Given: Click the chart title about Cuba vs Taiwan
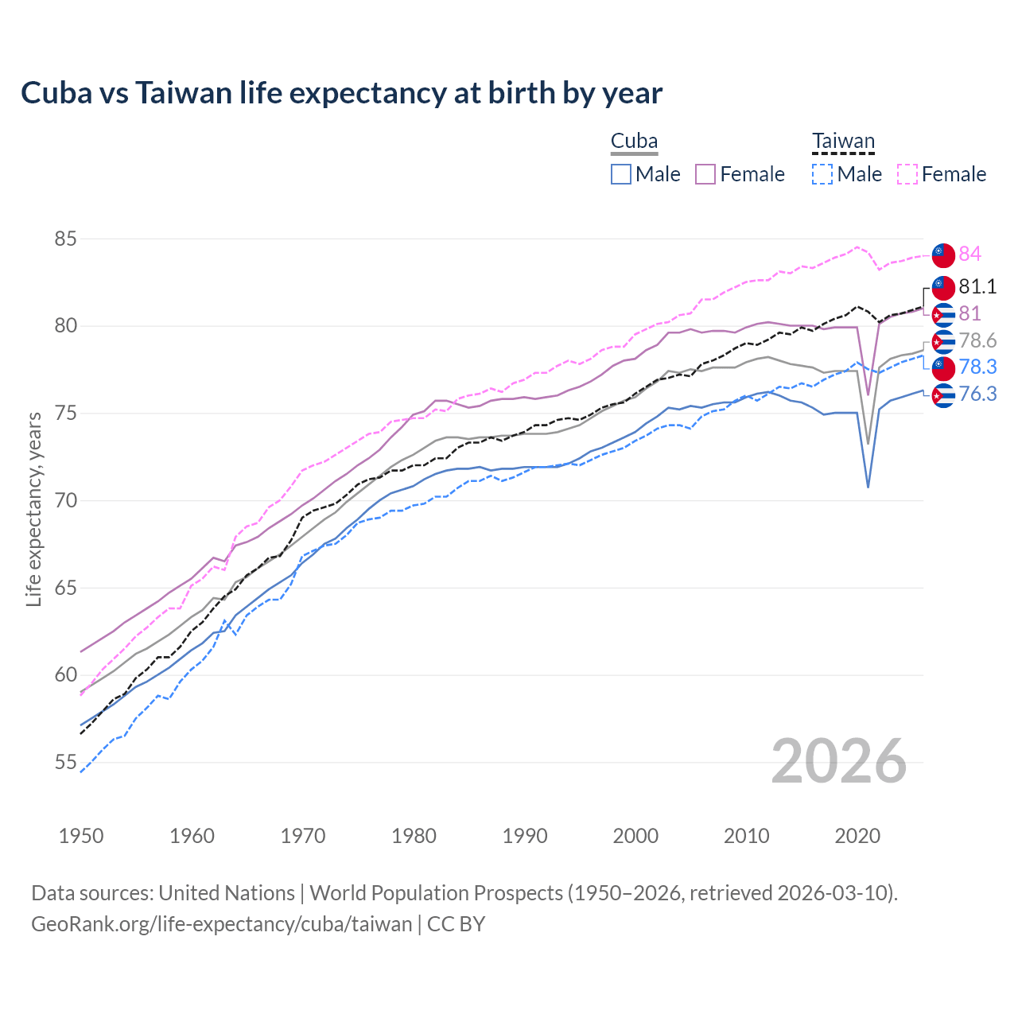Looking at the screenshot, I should pos(341,93).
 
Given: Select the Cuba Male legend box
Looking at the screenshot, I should pos(621,174).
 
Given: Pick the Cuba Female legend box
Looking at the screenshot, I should pos(706,174).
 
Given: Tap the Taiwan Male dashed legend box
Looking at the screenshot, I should pos(822,174).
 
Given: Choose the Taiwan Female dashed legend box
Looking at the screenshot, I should pos(907,174).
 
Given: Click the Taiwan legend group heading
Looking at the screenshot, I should pos(843,142).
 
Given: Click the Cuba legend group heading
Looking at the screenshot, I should pos(634,142).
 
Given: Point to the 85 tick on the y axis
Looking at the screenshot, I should pos(66,239).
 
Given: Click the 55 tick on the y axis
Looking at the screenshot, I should pos(66,763).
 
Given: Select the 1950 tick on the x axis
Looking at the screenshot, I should pos(81,836).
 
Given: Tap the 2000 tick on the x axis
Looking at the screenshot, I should pos(635,836).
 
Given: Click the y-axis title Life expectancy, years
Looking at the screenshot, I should pos(33,509).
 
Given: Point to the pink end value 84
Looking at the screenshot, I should pos(969,254).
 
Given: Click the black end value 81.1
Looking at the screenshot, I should pos(977,286).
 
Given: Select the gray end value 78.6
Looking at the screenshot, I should pos(977,340).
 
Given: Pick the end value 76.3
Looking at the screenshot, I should pos(977,394).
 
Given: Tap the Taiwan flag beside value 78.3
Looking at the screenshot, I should pos(943,367).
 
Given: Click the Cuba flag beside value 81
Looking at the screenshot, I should pos(943,314).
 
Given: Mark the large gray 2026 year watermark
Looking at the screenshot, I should pos(839,761).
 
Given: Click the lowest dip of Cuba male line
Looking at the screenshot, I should pos(868,487).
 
